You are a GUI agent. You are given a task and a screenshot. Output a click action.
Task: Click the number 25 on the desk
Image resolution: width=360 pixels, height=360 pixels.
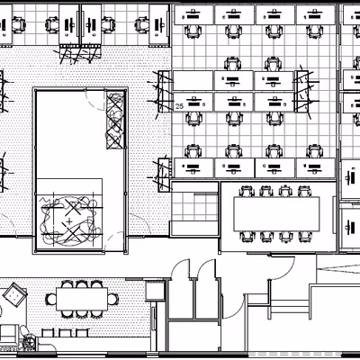(x=179, y=106)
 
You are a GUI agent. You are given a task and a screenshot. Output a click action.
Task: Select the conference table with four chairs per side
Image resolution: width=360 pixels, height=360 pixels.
(x=276, y=213)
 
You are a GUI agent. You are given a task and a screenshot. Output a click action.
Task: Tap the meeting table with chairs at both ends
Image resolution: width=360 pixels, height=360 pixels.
(x=82, y=299)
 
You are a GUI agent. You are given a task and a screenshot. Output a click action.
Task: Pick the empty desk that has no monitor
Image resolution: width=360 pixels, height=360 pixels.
(x=193, y=80)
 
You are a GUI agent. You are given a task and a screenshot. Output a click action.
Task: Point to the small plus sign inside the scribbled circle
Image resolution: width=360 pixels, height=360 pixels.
(x=69, y=221)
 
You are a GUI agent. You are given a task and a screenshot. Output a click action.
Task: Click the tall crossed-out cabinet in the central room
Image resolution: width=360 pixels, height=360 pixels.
(x=115, y=121)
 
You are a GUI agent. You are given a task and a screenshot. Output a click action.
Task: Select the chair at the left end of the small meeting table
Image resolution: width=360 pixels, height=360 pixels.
(x=51, y=299)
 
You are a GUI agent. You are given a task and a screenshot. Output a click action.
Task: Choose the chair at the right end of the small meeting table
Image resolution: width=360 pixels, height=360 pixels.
(x=112, y=299)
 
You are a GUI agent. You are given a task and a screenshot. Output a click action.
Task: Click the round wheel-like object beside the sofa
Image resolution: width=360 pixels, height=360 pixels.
(x=30, y=341)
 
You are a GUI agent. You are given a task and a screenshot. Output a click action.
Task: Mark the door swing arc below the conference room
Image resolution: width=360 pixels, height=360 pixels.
(x=282, y=268)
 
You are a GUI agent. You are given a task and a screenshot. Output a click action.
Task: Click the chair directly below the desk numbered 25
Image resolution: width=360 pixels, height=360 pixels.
(x=194, y=118)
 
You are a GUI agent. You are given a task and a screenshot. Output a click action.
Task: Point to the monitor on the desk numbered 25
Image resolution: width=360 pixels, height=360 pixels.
(x=194, y=103)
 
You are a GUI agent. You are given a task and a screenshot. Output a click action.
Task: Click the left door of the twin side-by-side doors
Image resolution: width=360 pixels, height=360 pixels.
(x=181, y=269)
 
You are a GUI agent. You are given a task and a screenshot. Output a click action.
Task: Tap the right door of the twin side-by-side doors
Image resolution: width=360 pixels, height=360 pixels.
(x=207, y=269)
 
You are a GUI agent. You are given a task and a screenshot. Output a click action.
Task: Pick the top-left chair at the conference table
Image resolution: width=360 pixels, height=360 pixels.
(x=247, y=191)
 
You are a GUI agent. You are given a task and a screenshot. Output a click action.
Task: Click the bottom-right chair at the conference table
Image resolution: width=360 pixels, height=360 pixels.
(x=305, y=237)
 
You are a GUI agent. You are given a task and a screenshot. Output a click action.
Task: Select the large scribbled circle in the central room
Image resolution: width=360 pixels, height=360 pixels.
(x=69, y=220)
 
